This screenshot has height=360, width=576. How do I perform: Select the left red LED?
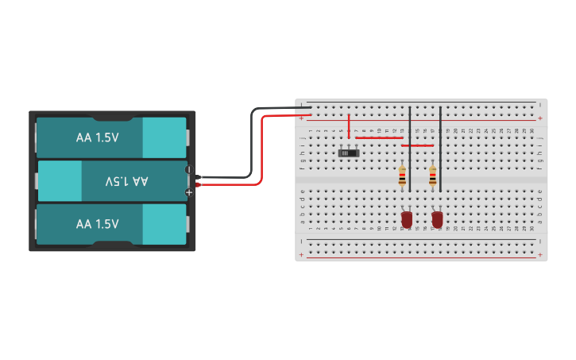[407, 219]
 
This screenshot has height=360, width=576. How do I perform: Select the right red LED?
[437, 219]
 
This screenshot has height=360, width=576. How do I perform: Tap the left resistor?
[402, 176]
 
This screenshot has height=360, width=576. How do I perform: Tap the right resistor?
[432, 176]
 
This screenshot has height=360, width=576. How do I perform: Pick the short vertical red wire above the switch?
[349, 126]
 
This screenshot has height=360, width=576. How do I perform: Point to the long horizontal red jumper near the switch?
[379, 137]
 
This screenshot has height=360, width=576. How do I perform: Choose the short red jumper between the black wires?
[418, 145]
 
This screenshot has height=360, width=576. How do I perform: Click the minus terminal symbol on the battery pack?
[188, 169]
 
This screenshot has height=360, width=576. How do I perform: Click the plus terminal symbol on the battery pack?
[189, 192]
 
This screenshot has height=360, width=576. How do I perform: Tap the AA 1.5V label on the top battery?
[98, 137]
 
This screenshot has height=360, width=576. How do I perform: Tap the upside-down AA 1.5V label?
[127, 181]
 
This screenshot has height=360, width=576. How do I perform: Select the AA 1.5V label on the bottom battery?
[98, 224]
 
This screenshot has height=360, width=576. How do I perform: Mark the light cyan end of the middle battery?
[60, 181]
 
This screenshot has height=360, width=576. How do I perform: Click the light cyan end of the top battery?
[164, 137]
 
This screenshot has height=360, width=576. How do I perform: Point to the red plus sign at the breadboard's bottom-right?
[540, 255]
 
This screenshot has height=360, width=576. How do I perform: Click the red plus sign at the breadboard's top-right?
[540, 118]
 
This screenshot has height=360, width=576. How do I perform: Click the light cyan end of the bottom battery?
[164, 224]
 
